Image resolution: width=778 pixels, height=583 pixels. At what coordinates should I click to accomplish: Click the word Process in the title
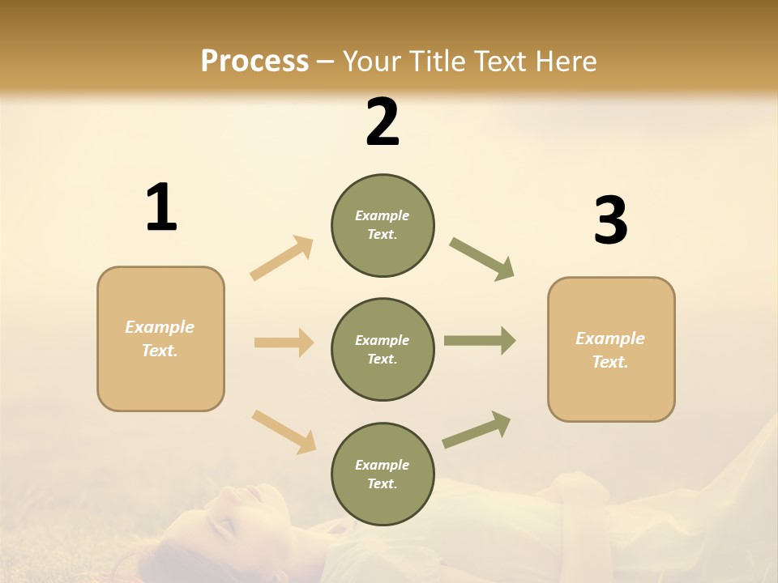pos(254,62)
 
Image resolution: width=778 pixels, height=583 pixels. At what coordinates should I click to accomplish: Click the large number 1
pos(161,208)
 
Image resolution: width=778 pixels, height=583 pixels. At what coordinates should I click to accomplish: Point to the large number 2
pos(383,122)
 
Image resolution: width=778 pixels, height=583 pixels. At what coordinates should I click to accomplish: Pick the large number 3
pos(610,220)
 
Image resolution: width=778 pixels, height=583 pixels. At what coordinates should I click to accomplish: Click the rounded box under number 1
pos(160,338)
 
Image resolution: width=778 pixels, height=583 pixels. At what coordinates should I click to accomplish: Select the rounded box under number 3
pos(611,350)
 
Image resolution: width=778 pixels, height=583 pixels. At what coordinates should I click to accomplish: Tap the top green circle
pos(383,225)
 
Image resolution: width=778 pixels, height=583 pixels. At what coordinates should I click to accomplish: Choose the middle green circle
pos(383,350)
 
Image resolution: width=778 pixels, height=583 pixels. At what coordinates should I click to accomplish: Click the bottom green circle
pos(383,474)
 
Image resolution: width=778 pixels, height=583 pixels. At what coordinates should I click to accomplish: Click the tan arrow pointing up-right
pos(282,257)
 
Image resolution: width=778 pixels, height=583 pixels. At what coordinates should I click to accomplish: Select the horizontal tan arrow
pos(284,343)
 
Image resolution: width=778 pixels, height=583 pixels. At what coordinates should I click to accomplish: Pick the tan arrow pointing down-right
pos(284,431)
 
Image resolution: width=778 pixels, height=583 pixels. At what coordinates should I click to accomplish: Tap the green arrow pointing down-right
pos(482,258)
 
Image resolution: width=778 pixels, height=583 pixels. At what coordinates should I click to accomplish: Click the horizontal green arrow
pos(480,341)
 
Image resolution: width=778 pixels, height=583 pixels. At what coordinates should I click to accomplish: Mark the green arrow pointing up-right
pos(477,429)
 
